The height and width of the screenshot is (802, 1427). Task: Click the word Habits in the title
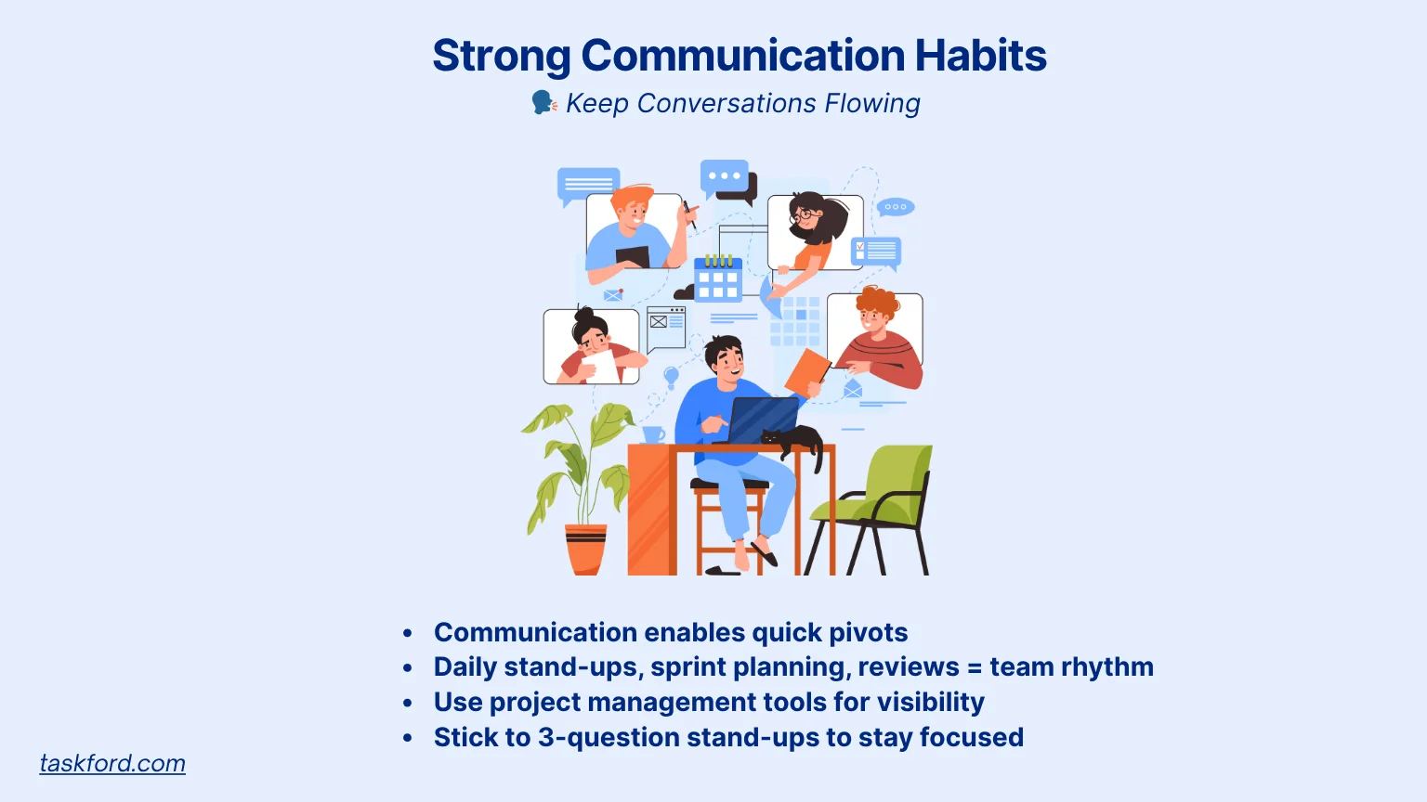tap(980, 55)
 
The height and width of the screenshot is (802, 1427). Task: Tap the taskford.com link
tap(112, 763)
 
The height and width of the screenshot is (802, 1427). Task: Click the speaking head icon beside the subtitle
tap(544, 102)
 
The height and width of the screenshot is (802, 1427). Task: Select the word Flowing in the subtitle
tap(872, 104)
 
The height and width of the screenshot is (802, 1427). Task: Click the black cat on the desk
tap(793, 443)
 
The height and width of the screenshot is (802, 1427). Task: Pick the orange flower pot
tap(586, 550)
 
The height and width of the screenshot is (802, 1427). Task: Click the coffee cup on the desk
tap(654, 435)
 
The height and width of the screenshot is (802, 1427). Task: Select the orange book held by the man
tap(807, 373)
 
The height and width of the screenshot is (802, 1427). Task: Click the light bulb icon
tap(671, 376)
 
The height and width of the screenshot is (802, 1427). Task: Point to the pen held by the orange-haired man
tap(689, 214)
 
